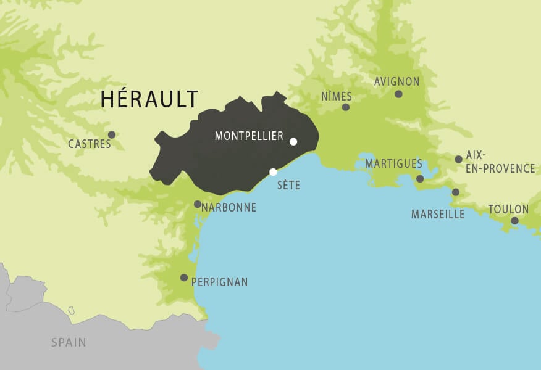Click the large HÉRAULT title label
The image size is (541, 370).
(x=149, y=99)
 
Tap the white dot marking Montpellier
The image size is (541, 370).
(x=293, y=142)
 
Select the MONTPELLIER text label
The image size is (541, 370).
(x=249, y=136)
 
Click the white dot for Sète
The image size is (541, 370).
(x=273, y=172)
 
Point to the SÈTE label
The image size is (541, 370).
(x=288, y=185)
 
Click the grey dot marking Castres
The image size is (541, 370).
(x=112, y=134)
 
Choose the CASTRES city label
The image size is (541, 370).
(x=90, y=144)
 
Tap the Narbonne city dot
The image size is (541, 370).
(x=198, y=204)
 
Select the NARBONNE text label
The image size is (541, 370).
(x=229, y=208)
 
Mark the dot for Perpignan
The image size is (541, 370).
(x=184, y=277)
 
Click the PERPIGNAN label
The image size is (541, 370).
(x=219, y=282)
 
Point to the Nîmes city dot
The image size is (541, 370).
(x=346, y=107)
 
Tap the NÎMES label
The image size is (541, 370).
(x=337, y=96)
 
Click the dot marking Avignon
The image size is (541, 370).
(x=398, y=94)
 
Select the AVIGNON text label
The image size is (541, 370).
(x=396, y=82)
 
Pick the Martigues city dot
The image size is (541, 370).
(x=420, y=179)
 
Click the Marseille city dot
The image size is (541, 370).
(x=456, y=192)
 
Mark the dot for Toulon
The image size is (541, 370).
(x=514, y=221)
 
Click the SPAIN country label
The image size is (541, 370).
(x=69, y=342)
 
